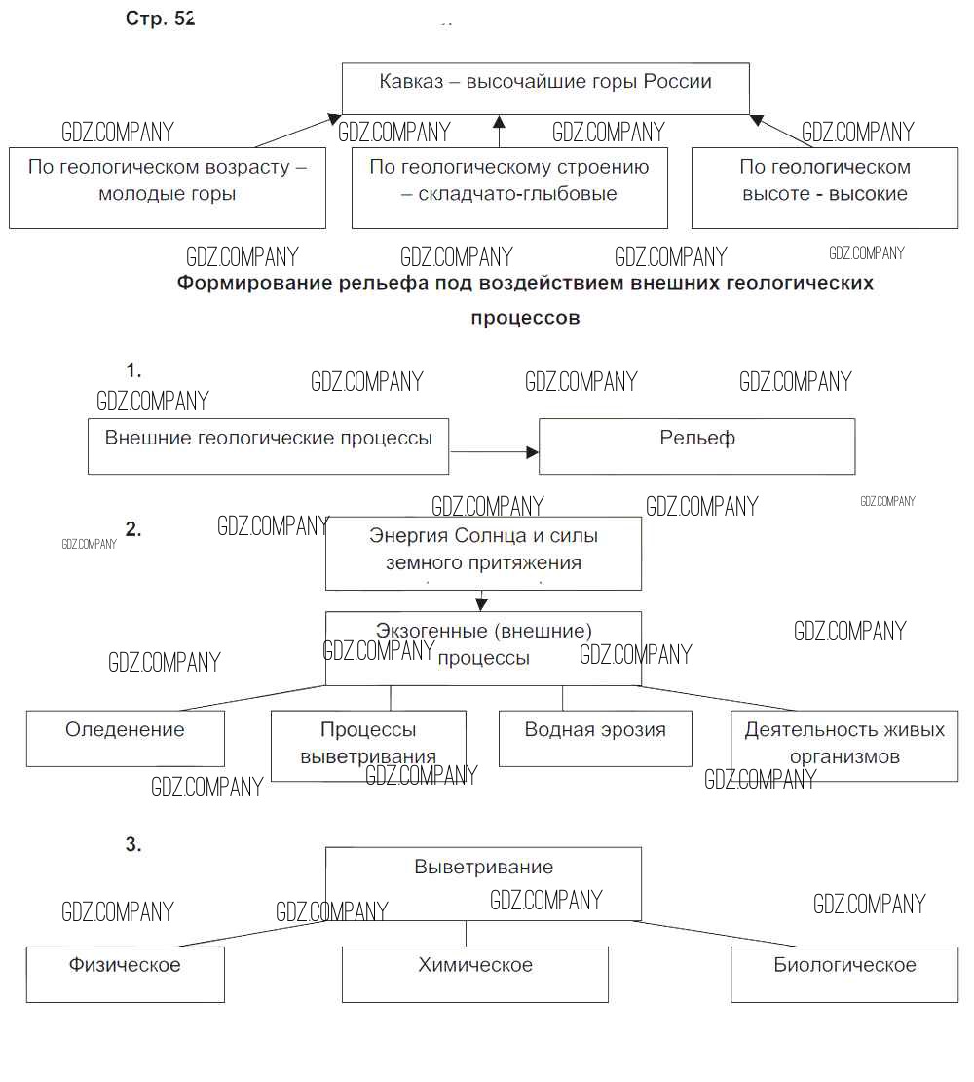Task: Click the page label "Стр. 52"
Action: (x=160, y=19)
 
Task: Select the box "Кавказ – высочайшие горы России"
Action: (x=545, y=88)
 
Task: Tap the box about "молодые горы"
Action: (x=168, y=187)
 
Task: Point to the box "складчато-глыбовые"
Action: (x=509, y=187)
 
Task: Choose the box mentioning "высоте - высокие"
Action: (x=824, y=187)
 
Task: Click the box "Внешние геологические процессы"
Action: (x=268, y=446)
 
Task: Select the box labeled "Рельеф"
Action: (x=696, y=446)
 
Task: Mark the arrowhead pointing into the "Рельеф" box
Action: (x=533, y=452)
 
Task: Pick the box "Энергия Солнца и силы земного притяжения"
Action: (x=483, y=553)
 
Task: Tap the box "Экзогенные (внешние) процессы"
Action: (x=483, y=648)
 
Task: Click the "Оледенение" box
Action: (x=125, y=738)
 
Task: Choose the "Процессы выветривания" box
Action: (x=368, y=746)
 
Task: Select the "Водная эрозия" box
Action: (x=595, y=738)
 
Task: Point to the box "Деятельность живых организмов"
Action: (x=844, y=746)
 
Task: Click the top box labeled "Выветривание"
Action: (x=483, y=883)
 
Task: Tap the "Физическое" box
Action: (x=125, y=974)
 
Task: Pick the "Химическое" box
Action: (x=475, y=974)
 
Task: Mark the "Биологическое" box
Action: (x=844, y=974)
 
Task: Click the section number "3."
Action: (x=133, y=845)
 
